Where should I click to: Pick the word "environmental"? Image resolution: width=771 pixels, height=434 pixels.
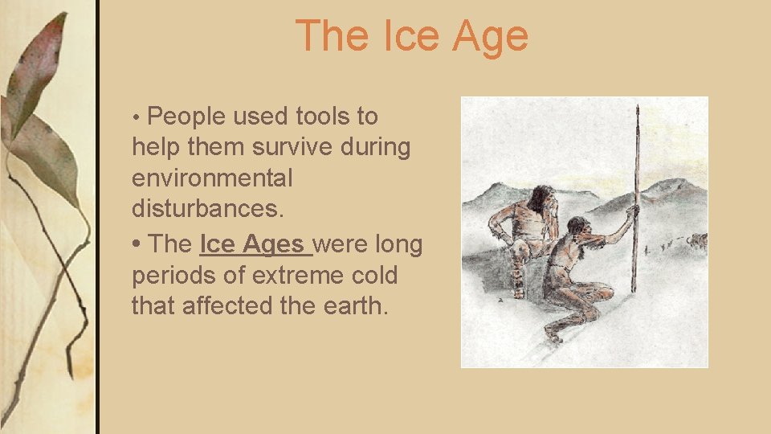(212, 178)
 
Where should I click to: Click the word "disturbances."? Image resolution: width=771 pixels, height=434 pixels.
(208, 209)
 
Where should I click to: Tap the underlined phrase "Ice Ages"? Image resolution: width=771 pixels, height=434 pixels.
(252, 244)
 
